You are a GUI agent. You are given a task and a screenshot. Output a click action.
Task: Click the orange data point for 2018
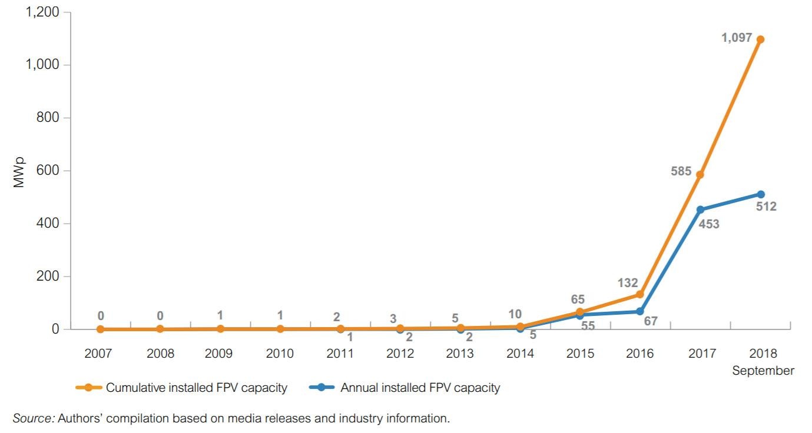coord(760,39)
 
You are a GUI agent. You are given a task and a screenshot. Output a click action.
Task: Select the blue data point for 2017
coord(700,209)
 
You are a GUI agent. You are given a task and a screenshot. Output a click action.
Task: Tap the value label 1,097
coord(737,38)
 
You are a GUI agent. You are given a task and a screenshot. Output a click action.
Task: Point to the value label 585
coord(681,172)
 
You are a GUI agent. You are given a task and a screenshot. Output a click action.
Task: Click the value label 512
coord(766,206)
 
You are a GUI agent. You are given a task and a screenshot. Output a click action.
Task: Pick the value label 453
coord(709,224)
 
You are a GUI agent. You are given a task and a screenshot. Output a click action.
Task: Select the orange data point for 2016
coord(640,294)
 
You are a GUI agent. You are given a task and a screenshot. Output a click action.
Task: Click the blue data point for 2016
coord(640,311)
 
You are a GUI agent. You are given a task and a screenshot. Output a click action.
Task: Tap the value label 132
coord(627,284)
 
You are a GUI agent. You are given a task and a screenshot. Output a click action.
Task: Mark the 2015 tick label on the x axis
coord(580,354)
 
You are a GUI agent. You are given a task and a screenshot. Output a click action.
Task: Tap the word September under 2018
coord(763,371)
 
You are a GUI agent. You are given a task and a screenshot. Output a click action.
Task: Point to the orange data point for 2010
coord(280,329)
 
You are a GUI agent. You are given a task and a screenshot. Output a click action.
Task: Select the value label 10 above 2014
coord(515,315)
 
